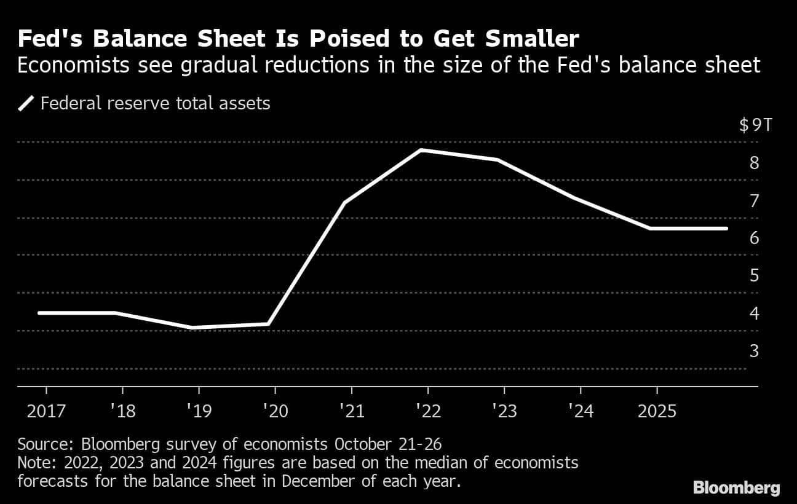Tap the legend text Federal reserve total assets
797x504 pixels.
(x=155, y=103)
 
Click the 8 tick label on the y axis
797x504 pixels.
(x=754, y=163)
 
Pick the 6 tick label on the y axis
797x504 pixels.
(x=754, y=238)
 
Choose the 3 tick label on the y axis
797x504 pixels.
(x=754, y=351)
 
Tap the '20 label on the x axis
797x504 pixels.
(x=275, y=411)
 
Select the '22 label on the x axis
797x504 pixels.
(x=427, y=411)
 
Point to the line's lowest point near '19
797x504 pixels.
(x=192, y=328)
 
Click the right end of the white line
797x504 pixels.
(x=726, y=228)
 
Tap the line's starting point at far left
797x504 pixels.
(x=39, y=313)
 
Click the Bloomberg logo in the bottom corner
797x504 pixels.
(x=736, y=488)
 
